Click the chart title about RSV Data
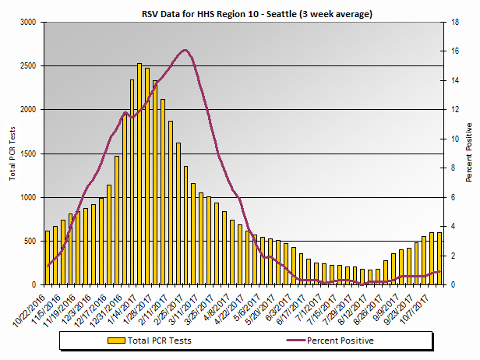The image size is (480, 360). [x=240, y=14]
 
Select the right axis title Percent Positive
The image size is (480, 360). [x=469, y=153]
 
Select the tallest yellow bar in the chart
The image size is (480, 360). [x=139, y=175]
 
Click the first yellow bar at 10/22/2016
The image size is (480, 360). [x=48, y=258]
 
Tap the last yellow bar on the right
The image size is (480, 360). [x=439, y=259]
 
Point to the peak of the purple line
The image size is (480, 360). [x=185, y=51]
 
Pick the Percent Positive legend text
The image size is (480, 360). [x=341, y=341]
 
